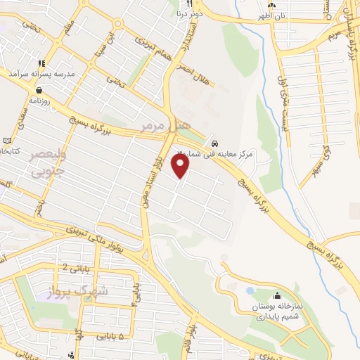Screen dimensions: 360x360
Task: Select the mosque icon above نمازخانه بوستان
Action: pos(276,296)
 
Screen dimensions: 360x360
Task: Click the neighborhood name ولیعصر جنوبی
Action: pos(47,163)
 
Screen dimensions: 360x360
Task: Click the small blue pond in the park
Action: pos(249,289)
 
